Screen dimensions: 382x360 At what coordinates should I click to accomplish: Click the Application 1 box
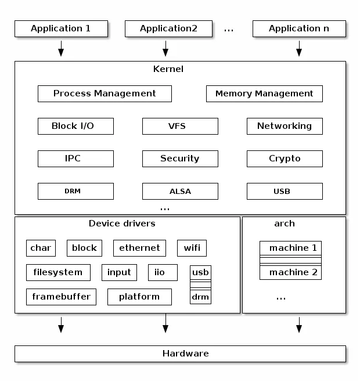click(x=61, y=28)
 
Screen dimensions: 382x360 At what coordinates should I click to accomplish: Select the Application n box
click(x=299, y=28)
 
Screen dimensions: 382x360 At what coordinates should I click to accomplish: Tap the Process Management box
click(x=105, y=93)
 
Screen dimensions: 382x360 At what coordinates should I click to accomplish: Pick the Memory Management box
click(x=264, y=93)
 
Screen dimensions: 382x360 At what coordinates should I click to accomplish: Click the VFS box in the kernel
click(x=180, y=126)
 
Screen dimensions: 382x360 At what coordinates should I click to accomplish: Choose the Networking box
click(x=285, y=126)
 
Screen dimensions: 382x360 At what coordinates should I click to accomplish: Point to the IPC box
click(x=75, y=158)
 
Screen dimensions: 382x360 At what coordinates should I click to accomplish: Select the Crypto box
click(x=285, y=158)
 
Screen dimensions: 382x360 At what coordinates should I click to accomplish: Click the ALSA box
click(x=180, y=191)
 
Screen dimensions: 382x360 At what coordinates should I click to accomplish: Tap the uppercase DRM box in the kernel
click(x=75, y=191)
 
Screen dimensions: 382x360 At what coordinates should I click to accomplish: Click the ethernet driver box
click(x=139, y=248)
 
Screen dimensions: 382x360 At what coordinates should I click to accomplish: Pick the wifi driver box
click(x=192, y=248)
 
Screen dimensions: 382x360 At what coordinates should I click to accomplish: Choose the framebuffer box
click(x=61, y=297)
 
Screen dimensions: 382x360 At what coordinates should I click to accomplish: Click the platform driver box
click(x=139, y=297)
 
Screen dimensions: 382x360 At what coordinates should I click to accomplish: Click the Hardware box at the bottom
click(x=180, y=354)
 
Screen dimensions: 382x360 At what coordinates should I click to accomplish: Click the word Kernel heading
click(x=168, y=69)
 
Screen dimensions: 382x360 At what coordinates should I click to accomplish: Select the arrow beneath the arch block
click(x=299, y=325)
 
